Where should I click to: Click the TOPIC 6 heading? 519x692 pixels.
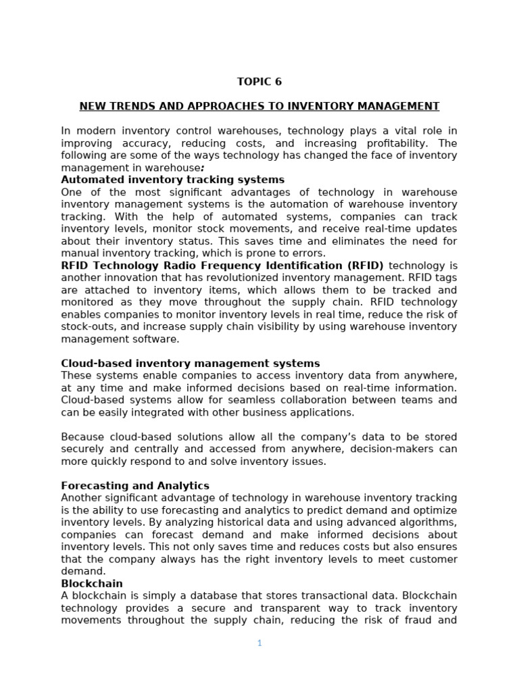(x=259, y=82)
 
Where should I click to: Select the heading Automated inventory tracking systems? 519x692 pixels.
(x=172, y=180)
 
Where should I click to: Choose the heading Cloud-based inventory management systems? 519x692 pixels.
(x=191, y=364)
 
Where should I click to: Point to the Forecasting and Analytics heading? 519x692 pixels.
(x=135, y=486)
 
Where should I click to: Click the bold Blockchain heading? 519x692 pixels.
(x=92, y=584)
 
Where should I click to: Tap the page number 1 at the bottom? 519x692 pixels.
(x=259, y=643)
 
